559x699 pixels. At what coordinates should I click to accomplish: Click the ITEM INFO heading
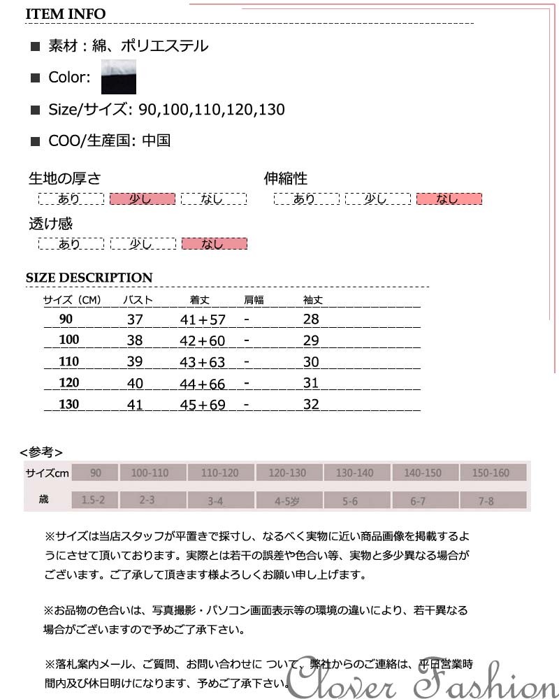pos(66,14)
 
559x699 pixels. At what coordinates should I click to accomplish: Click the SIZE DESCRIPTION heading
pos(89,278)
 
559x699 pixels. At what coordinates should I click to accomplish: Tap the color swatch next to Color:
pos(118,77)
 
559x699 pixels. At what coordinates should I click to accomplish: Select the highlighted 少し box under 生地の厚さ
pos(142,199)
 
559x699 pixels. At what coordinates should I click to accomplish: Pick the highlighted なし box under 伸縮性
pos(449,199)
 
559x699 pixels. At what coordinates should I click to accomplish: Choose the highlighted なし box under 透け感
pos(214,244)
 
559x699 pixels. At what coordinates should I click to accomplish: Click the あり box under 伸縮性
pos(305,199)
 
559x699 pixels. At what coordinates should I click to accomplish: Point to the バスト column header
pos(138,301)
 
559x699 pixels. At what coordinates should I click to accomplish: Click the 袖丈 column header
pos(312,301)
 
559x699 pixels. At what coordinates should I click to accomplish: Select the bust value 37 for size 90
pos(135,319)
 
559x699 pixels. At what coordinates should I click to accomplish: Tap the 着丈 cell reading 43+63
pos(203,362)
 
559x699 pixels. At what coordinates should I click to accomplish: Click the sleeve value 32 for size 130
pos(311,405)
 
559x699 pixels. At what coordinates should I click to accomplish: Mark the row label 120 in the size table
pos(69,383)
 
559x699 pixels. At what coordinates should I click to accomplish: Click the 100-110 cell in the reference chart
pos(150,473)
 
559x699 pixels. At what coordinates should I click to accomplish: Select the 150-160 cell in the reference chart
pos(491,473)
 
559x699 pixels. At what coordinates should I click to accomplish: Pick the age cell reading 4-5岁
pos(287,500)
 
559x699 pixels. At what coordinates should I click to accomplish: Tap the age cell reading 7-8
pos(486,500)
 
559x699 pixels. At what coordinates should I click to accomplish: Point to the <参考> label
pos(41,452)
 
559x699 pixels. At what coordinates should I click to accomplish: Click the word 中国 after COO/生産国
pos(156,140)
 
